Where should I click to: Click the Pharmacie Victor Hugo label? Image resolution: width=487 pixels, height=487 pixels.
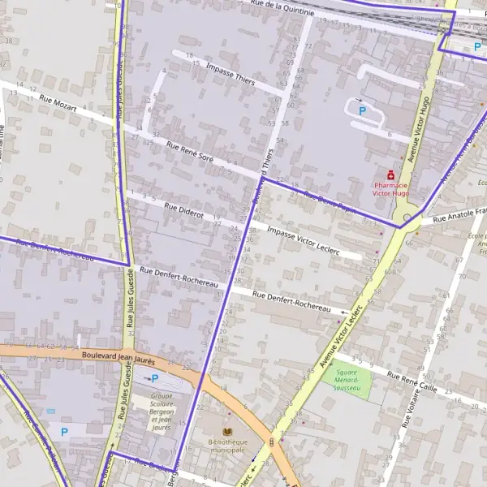click(392, 189)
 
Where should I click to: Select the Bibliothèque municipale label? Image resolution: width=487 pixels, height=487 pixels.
click(226, 445)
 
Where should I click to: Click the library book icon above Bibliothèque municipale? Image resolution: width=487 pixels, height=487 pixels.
click(226, 431)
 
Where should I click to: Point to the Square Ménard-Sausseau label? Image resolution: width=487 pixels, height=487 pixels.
click(347, 383)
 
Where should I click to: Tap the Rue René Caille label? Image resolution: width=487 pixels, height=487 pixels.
click(412, 382)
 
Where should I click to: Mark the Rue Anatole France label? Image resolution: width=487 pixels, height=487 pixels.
click(459, 215)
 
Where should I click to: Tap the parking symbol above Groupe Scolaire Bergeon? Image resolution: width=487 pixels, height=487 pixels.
click(154, 378)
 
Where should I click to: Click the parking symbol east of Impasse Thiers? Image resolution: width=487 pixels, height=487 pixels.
click(363, 110)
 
